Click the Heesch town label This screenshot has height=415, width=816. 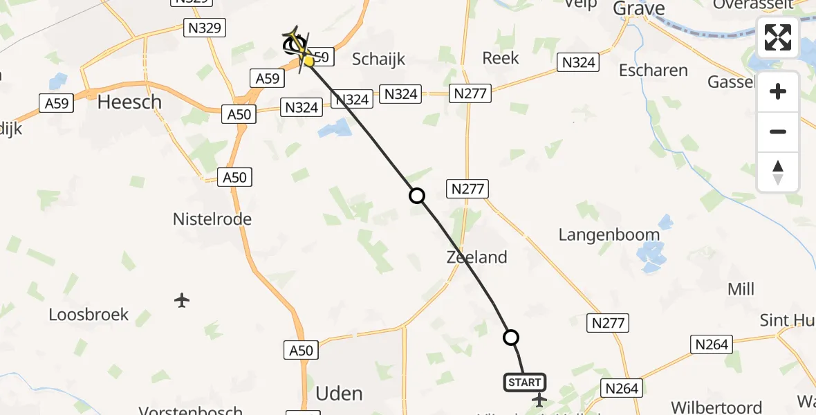pyautogui.click(x=129, y=102)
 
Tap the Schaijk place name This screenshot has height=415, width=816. pyautogui.click(x=378, y=59)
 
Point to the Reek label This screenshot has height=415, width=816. pyautogui.click(x=501, y=58)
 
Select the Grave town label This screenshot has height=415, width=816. pyautogui.click(x=638, y=8)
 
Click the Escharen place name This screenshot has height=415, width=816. pyautogui.click(x=653, y=71)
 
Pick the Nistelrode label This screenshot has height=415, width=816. pyautogui.click(x=212, y=219)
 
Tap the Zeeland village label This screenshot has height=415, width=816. pyautogui.click(x=476, y=257)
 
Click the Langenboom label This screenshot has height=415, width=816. pyautogui.click(x=609, y=234)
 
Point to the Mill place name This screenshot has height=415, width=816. pyautogui.click(x=741, y=289)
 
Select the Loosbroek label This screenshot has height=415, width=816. pyautogui.click(x=89, y=315)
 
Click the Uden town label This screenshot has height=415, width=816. pyautogui.click(x=339, y=394)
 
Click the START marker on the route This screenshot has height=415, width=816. pyautogui.click(x=525, y=382)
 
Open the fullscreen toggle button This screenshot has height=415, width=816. pyautogui.click(x=778, y=37)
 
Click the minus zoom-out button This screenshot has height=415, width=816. pyautogui.click(x=778, y=132)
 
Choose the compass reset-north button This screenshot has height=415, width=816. pyautogui.click(x=778, y=172)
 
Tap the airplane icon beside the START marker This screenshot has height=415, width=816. pyautogui.click(x=539, y=400)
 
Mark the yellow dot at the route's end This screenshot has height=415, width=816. pyautogui.click(x=308, y=62)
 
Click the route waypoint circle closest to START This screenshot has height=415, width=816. pyautogui.click(x=511, y=338)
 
